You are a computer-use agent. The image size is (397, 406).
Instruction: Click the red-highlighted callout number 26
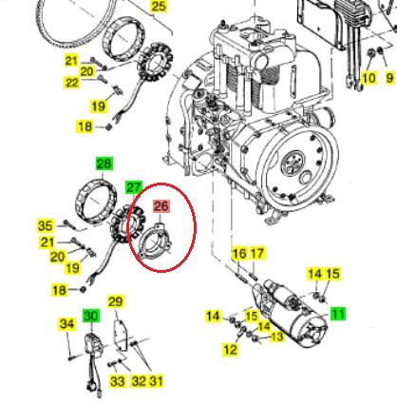(x=161, y=206)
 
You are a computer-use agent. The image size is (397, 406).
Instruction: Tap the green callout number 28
(x=104, y=164)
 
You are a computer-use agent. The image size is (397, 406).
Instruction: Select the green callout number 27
(x=134, y=187)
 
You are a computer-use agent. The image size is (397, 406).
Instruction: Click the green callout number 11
(x=338, y=314)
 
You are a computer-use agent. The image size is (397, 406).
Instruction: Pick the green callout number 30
(x=91, y=316)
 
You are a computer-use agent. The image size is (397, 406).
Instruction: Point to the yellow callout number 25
(x=159, y=7)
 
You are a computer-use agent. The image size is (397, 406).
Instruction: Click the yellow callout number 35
(x=46, y=225)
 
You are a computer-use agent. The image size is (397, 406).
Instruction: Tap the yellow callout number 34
(x=67, y=324)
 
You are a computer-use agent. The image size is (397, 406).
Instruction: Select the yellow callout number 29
(x=116, y=301)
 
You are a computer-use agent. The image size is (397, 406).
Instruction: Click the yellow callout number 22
(x=71, y=83)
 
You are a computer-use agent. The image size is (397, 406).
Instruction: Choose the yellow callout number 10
(x=369, y=78)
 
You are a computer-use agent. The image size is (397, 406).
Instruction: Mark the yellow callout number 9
(x=389, y=78)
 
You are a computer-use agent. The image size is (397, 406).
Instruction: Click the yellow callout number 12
(x=230, y=349)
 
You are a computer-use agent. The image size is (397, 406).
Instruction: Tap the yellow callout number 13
(x=276, y=337)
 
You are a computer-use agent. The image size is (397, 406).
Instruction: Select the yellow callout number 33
(x=117, y=381)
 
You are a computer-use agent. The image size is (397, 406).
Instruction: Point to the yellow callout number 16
(x=239, y=253)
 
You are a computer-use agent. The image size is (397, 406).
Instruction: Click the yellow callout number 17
(x=256, y=253)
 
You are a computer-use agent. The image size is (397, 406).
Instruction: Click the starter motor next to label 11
(x=293, y=312)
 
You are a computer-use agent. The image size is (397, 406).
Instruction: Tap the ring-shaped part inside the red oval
(x=146, y=239)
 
